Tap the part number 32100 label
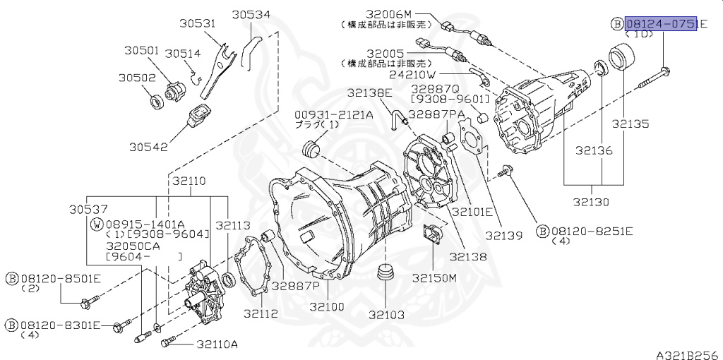point(328,308)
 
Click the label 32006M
point(388,14)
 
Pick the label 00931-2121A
point(334,114)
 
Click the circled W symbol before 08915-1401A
point(97,224)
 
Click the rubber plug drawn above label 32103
point(386,273)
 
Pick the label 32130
point(592,202)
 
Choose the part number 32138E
point(369,92)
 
